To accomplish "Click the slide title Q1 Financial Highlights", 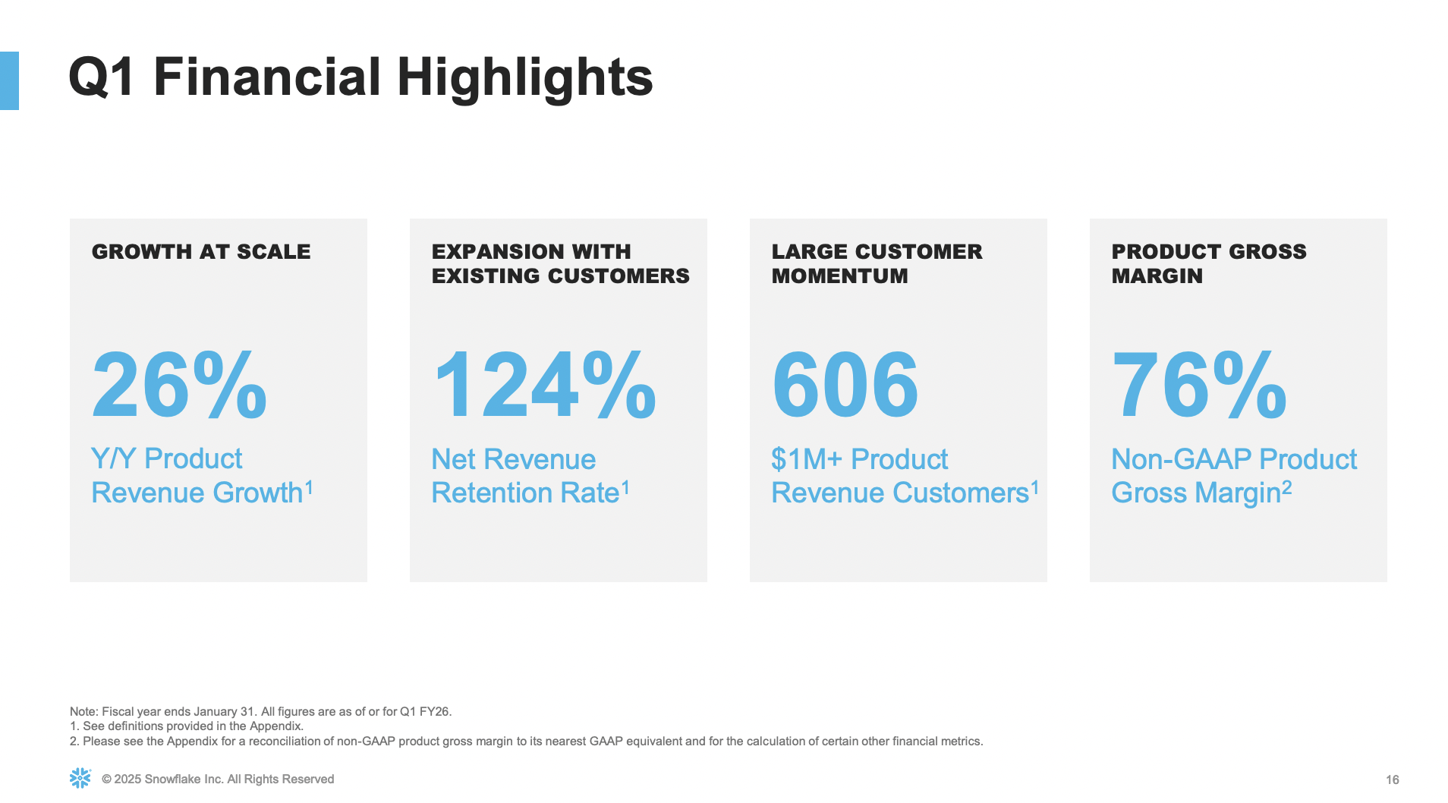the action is click(360, 77).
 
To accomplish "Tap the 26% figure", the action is click(179, 384).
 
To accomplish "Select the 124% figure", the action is click(544, 384).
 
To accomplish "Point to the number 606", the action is click(845, 384).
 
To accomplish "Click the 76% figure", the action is click(1199, 384).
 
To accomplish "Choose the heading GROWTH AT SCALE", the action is click(201, 252).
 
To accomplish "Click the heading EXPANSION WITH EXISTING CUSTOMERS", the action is click(561, 263).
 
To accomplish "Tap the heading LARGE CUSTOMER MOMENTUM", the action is click(877, 263).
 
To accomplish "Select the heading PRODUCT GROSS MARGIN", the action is click(1209, 263).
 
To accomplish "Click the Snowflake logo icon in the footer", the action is click(80, 778).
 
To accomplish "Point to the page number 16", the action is click(1393, 779).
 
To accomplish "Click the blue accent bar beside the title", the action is click(9, 80).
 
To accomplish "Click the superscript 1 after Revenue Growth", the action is click(309, 487).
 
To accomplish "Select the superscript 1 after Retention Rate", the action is click(625, 487).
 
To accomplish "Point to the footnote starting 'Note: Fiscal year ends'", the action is click(260, 712).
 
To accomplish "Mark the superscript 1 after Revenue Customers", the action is click(1034, 487).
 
